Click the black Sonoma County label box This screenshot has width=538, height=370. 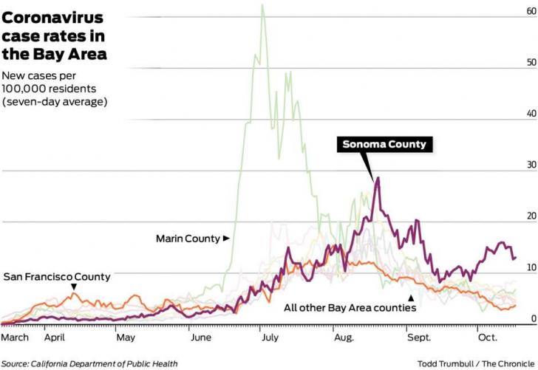click(x=385, y=145)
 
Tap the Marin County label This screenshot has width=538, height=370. click(x=188, y=239)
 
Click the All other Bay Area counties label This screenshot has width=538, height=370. click(x=350, y=306)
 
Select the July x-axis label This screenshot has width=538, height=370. click(x=269, y=338)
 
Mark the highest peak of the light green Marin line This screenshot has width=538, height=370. click(x=262, y=5)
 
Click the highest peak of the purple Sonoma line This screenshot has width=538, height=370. click(x=378, y=177)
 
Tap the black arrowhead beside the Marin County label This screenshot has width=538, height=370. click(x=227, y=239)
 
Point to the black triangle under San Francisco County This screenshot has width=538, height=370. click(x=74, y=287)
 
